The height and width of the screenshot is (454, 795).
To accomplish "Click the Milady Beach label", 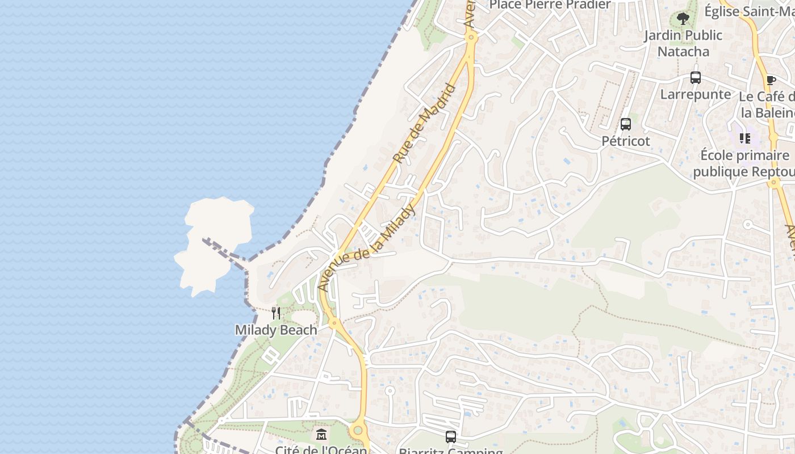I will (276, 330).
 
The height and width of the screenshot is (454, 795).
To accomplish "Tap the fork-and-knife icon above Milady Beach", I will (276, 313).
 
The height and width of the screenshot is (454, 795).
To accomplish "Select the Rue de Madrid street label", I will (425, 124).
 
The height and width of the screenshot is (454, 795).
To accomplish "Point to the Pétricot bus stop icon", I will (626, 124).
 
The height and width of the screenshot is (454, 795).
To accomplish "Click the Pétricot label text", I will (626, 141).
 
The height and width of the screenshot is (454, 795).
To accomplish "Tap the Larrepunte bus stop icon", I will (696, 78).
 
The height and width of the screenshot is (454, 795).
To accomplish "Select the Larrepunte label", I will (696, 94).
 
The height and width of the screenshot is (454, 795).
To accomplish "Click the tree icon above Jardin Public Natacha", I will (683, 19).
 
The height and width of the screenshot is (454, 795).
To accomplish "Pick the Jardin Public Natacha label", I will (683, 43).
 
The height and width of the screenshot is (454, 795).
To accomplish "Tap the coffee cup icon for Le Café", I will (771, 80).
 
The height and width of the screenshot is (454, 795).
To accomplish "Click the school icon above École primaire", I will (745, 138).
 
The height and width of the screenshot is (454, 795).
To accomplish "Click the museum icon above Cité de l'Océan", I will (321, 435).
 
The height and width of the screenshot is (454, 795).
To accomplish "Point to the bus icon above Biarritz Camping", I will (451, 437).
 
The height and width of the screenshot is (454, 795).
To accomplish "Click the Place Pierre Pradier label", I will (550, 5).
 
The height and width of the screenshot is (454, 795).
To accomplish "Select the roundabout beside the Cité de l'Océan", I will (358, 431).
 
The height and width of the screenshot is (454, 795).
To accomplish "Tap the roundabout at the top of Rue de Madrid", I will (471, 37).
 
